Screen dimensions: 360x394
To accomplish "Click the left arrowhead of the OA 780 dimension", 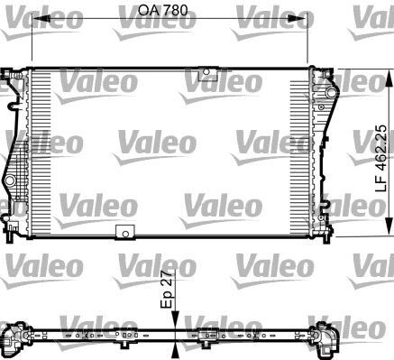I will click(37, 17).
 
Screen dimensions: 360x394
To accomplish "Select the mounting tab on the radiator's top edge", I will click(209, 73).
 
